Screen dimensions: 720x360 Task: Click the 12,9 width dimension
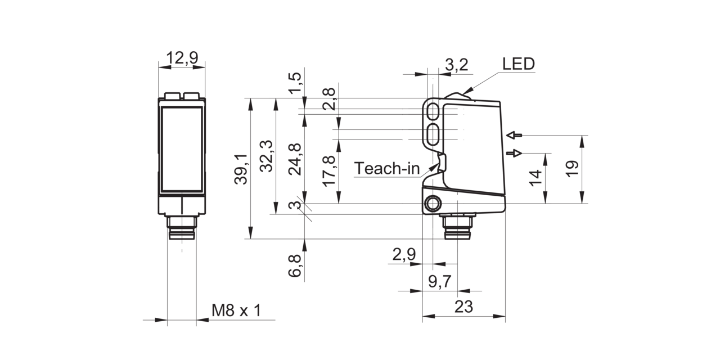(x=182, y=58)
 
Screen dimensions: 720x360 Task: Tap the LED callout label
(x=519, y=64)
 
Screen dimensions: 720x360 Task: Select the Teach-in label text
(x=387, y=168)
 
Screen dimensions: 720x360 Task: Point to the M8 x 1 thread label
(x=236, y=310)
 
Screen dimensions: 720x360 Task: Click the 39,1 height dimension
(x=241, y=169)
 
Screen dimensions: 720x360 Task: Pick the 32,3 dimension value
(x=267, y=156)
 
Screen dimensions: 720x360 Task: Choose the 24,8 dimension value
(x=295, y=159)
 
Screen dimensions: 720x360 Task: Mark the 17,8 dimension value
(x=329, y=172)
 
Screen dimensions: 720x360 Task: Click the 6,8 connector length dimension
(x=295, y=266)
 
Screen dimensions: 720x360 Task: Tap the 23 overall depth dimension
(x=463, y=307)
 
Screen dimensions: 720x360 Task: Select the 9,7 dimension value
(x=440, y=282)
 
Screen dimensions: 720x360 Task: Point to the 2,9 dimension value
(x=404, y=255)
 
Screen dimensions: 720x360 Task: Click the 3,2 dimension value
(x=457, y=65)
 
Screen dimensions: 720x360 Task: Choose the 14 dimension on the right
(x=535, y=178)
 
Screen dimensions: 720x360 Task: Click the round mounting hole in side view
(x=433, y=204)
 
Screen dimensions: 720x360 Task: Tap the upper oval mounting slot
(x=434, y=111)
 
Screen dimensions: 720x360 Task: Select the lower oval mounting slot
(x=434, y=134)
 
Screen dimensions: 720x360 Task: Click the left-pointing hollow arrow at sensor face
(x=514, y=136)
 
